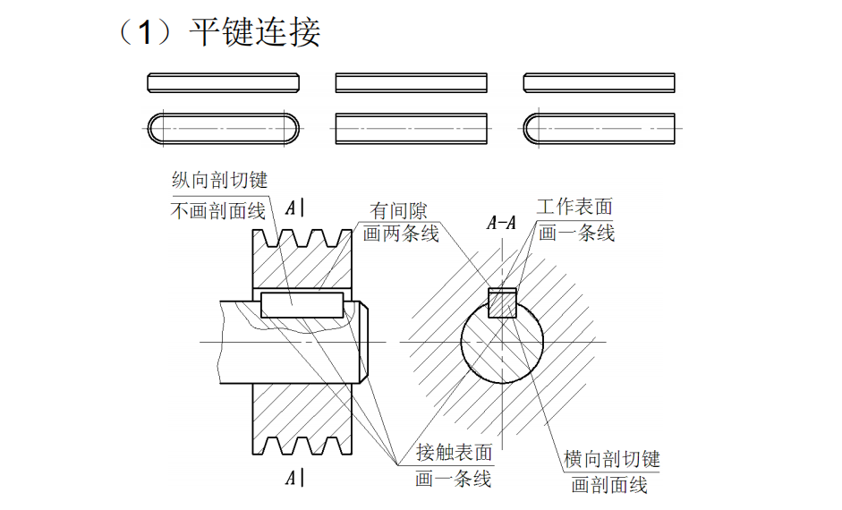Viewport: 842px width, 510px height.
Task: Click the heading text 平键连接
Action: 254,33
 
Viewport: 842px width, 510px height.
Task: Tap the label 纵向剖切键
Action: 219,180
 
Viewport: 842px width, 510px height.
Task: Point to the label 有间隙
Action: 399,211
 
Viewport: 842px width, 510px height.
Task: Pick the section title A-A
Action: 501,224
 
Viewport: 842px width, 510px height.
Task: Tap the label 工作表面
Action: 574,207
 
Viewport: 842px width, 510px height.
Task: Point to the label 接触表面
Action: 454,453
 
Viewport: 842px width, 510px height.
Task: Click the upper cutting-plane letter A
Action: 291,208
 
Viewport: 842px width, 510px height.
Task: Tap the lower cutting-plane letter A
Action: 291,478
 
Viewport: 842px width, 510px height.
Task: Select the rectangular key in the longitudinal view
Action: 302,304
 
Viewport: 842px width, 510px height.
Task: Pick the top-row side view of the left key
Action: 223,83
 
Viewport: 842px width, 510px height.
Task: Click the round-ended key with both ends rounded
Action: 223,128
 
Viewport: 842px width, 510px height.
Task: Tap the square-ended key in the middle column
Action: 411,128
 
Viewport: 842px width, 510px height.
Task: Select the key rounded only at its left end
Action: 599,128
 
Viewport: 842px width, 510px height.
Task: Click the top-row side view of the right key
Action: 599,83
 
